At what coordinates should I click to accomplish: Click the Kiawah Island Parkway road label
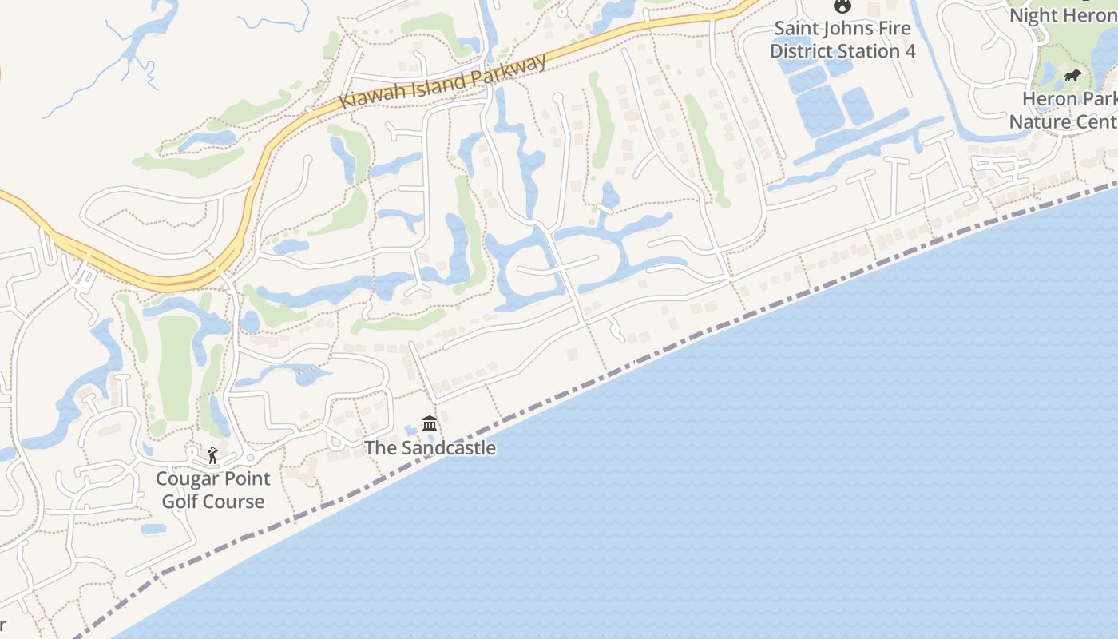point(444,81)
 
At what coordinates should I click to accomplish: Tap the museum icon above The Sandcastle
point(430,423)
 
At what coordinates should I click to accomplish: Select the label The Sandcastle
point(430,448)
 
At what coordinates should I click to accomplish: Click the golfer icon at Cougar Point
point(212,456)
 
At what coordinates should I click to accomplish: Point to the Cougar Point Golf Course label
point(212,490)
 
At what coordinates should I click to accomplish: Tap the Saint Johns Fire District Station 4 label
point(842,40)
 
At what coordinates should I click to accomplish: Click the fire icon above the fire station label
point(842,6)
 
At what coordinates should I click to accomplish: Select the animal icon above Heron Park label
point(1072,76)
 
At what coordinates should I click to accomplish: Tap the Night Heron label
point(1062,15)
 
